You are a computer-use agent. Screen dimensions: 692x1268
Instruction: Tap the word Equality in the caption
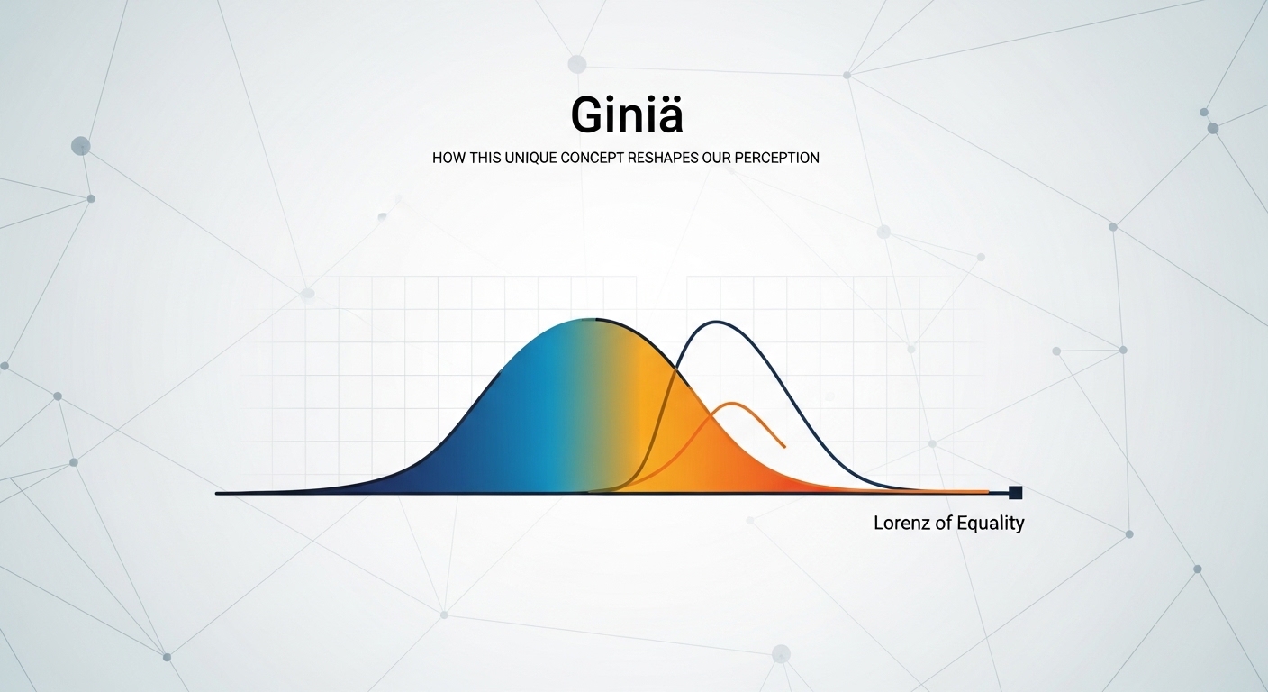point(990,523)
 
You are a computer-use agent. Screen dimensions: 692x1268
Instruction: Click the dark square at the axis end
point(1016,492)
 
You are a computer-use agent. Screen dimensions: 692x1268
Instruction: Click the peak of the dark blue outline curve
point(716,322)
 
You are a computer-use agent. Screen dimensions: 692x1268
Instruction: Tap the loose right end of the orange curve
point(784,446)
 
